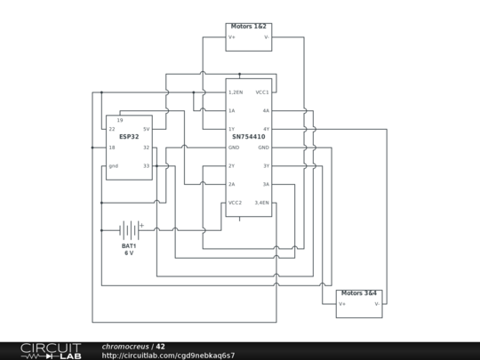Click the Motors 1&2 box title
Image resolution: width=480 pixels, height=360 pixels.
[248, 27]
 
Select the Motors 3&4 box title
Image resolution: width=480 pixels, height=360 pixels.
[358, 292]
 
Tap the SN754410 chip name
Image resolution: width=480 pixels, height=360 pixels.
[248, 137]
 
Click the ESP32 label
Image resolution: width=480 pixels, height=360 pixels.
[128, 137]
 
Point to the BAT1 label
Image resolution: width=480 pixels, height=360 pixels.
[129, 245]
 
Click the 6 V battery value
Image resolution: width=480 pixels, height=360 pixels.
[129, 253]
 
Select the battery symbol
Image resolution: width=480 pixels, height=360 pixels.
[129, 229]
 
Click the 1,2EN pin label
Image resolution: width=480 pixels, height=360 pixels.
[236, 92]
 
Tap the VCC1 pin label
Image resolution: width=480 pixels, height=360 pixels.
[262, 92]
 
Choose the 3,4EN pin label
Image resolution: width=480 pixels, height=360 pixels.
[262, 203]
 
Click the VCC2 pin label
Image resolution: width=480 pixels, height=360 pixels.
[235, 203]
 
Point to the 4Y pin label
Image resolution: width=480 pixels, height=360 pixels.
[266, 129]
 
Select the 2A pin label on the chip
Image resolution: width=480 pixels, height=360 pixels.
[231, 184]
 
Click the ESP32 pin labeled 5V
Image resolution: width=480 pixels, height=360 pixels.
[146, 129]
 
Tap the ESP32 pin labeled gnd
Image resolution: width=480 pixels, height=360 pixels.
[113, 166]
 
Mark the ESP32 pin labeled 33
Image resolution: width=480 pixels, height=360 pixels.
[146, 166]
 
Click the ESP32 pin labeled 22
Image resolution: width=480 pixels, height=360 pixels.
[112, 129]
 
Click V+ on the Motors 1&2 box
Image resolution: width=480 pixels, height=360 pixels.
[232, 37]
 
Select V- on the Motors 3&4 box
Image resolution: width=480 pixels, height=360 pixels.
[377, 303]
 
